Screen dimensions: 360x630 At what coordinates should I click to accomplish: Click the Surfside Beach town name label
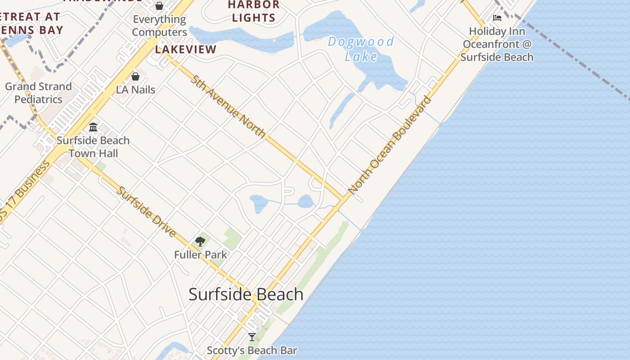coord(246,294)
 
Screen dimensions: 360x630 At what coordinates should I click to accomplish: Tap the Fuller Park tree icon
coord(200,242)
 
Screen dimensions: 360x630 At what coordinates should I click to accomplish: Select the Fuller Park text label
coord(200,255)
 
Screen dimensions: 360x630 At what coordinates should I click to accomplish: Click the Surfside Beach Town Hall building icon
coord(93,127)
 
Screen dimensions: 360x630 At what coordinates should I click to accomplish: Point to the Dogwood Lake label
coord(361,49)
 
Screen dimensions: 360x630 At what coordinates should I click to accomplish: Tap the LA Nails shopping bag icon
coord(135,76)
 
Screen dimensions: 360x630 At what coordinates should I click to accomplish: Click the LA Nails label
coord(135,90)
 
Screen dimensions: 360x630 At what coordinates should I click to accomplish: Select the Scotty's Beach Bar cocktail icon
coord(252,337)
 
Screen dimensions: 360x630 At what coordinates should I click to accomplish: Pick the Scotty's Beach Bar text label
coord(252,350)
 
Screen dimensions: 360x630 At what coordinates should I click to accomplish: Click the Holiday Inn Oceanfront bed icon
coord(497,18)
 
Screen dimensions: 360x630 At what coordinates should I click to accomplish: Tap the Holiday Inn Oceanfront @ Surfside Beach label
coord(497,44)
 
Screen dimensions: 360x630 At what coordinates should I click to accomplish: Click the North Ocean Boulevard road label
coord(390,145)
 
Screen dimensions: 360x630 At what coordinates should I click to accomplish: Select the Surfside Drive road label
coord(146,211)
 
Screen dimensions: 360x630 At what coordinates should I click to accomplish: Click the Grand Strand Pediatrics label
coord(38,93)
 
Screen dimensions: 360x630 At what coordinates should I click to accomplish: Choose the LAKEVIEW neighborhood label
coord(186,49)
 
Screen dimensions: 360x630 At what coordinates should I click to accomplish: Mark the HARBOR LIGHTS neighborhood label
coord(253,11)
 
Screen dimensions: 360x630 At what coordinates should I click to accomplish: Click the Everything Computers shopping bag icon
coord(159,6)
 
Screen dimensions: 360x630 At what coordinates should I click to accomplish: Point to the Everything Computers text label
coord(159,26)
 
